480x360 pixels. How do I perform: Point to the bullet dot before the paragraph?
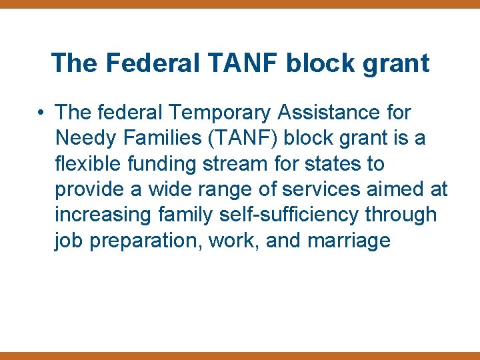tap(41, 113)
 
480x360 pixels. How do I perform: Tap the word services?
tap(320, 189)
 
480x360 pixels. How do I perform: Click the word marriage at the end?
tap(349, 240)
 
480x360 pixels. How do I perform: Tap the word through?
tap(403, 215)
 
